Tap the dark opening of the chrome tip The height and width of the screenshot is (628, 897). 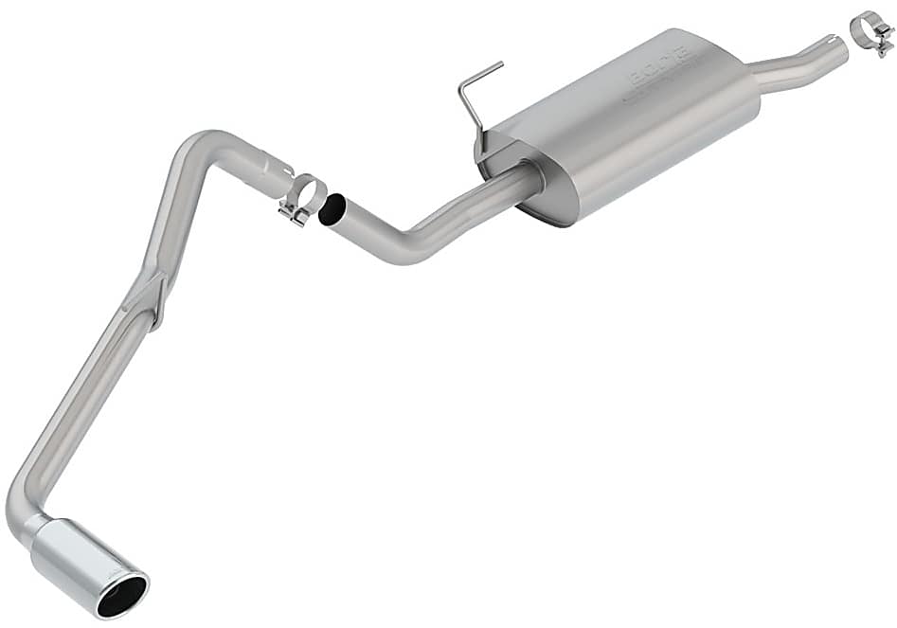(x=122, y=594)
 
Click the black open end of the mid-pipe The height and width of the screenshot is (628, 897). (x=332, y=209)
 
